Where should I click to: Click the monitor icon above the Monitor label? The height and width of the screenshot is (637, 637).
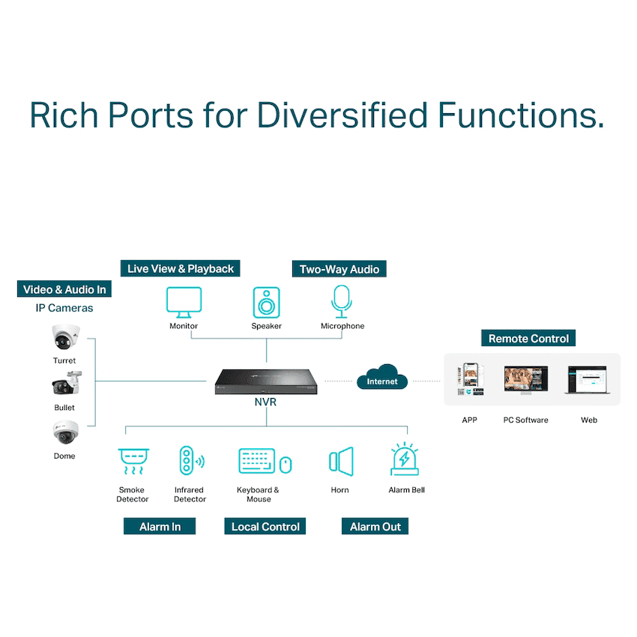pyautogui.click(x=184, y=302)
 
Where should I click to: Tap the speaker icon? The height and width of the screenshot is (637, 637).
pyautogui.click(x=267, y=302)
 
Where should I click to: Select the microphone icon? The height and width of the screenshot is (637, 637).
pyautogui.click(x=342, y=301)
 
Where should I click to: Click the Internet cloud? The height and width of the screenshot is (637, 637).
pyautogui.click(x=382, y=377)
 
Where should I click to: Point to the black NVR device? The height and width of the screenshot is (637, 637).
pyautogui.click(x=266, y=381)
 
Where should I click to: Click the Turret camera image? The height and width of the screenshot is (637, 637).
pyautogui.click(x=65, y=336)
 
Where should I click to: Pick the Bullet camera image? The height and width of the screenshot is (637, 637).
pyautogui.click(x=67, y=383)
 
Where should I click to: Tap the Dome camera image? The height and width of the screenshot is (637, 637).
pyautogui.click(x=65, y=432)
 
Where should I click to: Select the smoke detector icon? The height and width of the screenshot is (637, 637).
pyautogui.click(x=133, y=461)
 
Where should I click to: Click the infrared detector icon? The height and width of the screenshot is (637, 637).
pyautogui.click(x=191, y=460)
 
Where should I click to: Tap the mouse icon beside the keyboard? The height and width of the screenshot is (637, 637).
pyautogui.click(x=286, y=465)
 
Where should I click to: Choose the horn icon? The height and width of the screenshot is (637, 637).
pyautogui.click(x=341, y=462)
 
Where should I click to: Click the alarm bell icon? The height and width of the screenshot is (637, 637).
pyautogui.click(x=405, y=459)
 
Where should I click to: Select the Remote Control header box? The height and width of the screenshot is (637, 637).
pyautogui.click(x=528, y=338)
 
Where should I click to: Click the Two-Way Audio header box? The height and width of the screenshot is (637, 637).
pyautogui.click(x=339, y=269)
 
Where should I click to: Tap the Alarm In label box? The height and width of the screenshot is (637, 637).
pyautogui.click(x=160, y=526)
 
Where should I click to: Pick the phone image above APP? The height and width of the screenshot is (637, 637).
pyautogui.click(x=471, y=379)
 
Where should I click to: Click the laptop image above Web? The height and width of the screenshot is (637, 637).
pyautogui.click(x=588, y=380)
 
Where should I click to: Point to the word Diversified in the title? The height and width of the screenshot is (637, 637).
pyautogui.click(x=342, y=115)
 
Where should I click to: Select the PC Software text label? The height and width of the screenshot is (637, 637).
pyautogui.click(x=525, y=420)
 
